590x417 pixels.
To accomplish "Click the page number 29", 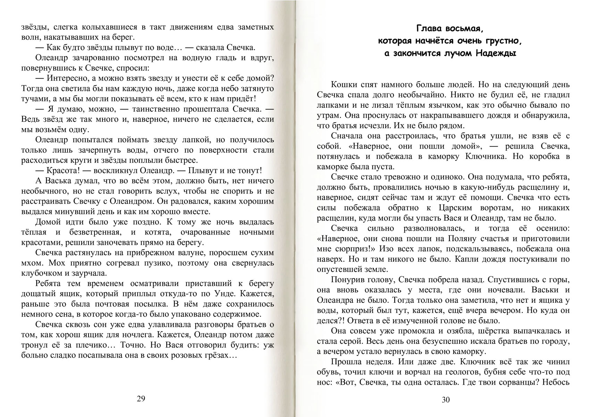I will [141, 398].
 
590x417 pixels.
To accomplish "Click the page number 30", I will [446, 400].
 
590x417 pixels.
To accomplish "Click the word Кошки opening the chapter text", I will [344, 85].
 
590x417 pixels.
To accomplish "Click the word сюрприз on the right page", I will [356, 249].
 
